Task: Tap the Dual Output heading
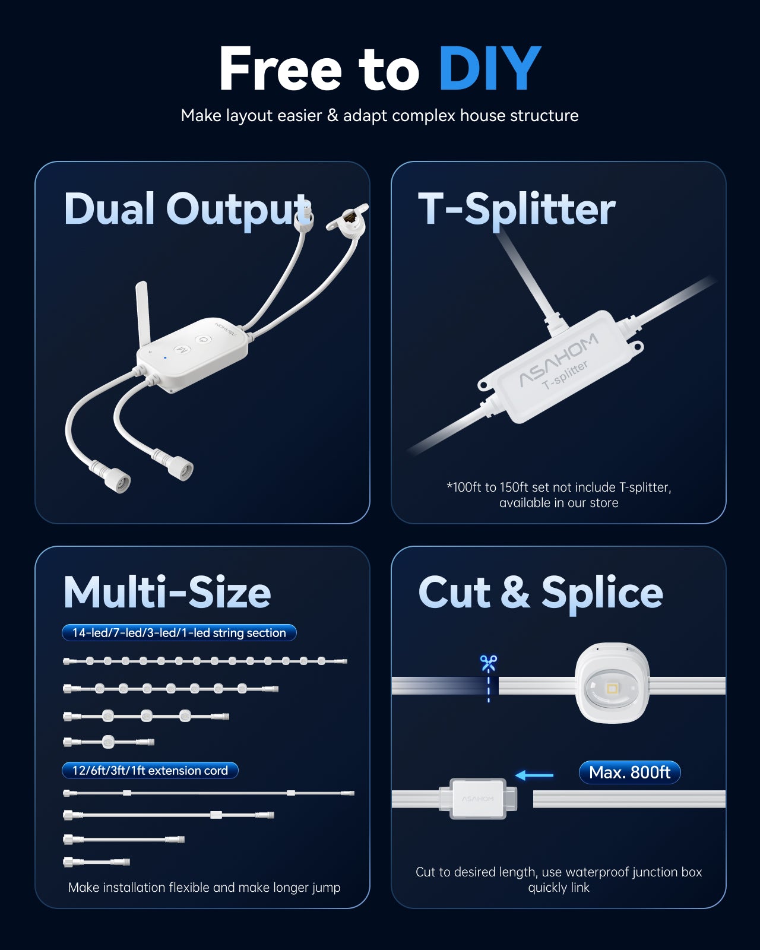tap(188, 209)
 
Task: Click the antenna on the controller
tap(143, 313)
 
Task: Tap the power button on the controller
tap(203, 339)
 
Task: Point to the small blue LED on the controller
tap(165, 357)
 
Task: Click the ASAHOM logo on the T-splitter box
tap(559, 360)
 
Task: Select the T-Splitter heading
tap(517, 209)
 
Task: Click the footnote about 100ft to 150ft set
tap(559, 495)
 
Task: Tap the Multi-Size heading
tap(167, 593)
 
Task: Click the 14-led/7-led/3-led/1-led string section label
tap(179, 632)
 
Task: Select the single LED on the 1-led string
tap(108, 742)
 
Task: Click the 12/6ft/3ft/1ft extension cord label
tap(150, 770)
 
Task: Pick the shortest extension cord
tap(97, 862)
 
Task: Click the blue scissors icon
tap(489, 663)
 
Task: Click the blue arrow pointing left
tap(534, 775)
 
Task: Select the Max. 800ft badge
tap(630, 772)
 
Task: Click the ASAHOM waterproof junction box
tap(478, 799)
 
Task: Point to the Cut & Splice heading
tap(540, 593)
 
